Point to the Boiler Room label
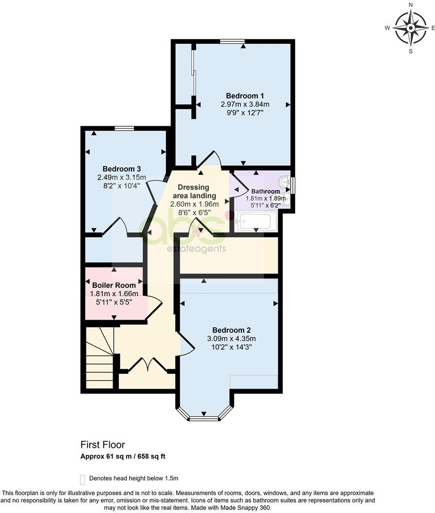point(114,285)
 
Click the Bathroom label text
point(265,191)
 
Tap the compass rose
point(410,28)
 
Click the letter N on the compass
point(411,5)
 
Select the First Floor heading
point(102,445)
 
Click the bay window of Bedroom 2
point(204,417)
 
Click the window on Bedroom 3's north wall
point(124,128)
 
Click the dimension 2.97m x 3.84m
point(245,104)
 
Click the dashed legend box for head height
point(83,478)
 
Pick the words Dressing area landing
point(193,191)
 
